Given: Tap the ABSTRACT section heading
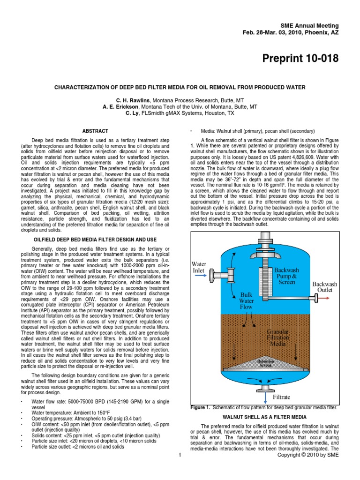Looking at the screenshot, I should [x=95, y=131].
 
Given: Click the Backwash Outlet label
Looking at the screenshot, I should [x=324, y=287].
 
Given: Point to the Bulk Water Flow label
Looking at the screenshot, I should [x=246, y=300].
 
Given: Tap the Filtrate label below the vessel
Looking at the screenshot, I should [x=285, y=397].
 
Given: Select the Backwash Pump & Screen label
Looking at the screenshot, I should [x=286, y=277].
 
